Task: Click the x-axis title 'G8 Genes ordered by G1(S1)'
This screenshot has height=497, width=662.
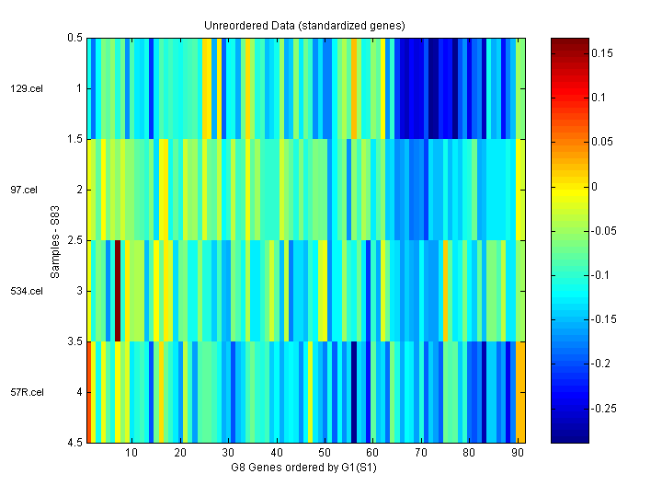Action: coord(305,468)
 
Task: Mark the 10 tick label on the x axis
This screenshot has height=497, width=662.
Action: coord(131,454)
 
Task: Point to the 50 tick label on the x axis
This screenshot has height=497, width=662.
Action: coord(324,454)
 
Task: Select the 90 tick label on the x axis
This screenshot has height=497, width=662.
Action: coord(517,454)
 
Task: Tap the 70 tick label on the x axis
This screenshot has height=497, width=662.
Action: coord(420,454)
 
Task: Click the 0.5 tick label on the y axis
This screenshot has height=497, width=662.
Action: coord(74,39)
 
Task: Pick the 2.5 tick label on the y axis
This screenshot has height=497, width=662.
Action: coord(74,241)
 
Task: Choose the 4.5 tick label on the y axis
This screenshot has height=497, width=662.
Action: coord(74,444)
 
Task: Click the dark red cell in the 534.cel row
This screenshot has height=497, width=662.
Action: coord(118,291)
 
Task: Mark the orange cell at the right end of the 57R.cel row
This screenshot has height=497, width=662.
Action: coord(521,392)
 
